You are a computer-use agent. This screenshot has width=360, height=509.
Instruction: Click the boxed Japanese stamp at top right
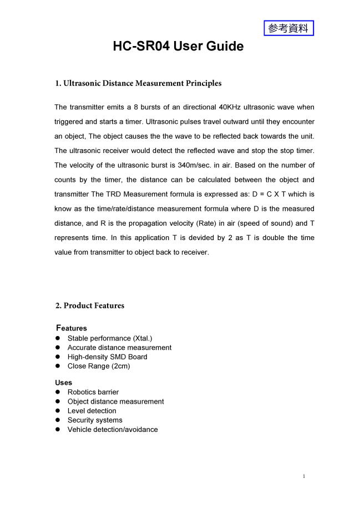pos(288,28)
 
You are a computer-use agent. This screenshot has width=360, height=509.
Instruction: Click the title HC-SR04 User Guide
pos(178,47)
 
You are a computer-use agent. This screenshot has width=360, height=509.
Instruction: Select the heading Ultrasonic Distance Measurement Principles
pos(142,84)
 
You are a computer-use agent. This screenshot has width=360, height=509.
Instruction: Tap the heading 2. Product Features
pos(89,306)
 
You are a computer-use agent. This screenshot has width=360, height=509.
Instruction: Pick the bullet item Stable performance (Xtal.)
pos(109,338)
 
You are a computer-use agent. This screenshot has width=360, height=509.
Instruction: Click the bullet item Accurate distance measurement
pos(119,348)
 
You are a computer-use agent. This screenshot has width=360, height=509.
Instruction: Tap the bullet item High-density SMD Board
pos(107,357)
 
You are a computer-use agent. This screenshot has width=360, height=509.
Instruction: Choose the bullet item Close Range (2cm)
pos(99,366)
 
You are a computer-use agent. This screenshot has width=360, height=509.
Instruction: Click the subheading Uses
pos(63,383)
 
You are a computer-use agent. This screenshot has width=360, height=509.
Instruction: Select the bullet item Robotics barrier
pos(93,392)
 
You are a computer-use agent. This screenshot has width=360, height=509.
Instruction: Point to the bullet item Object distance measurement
pos(115,401)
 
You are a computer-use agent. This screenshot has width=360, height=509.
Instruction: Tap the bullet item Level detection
pos(92,411)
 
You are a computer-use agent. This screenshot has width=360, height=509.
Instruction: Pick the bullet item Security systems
pos(95,420)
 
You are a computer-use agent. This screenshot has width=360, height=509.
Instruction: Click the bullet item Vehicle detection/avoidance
pos(112,430)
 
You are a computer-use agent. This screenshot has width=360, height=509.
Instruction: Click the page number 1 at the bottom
pos(305,476)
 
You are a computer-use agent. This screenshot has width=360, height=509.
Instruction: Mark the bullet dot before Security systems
pos(57,420)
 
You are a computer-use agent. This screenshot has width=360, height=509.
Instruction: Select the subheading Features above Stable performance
pos(72,328)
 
